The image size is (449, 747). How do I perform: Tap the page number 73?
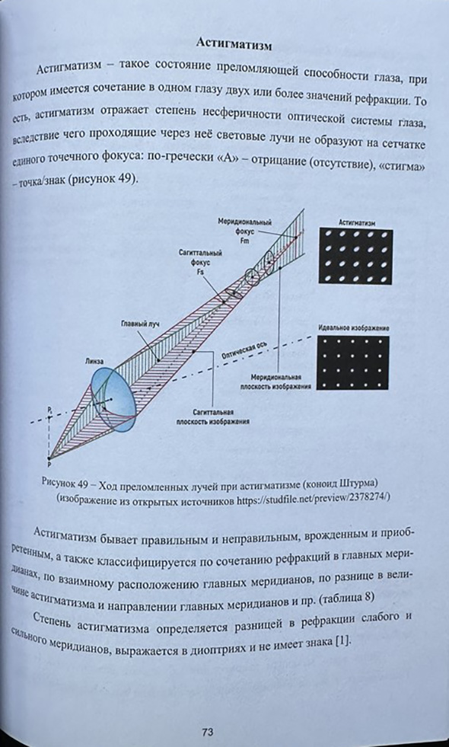tap(207, 732)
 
